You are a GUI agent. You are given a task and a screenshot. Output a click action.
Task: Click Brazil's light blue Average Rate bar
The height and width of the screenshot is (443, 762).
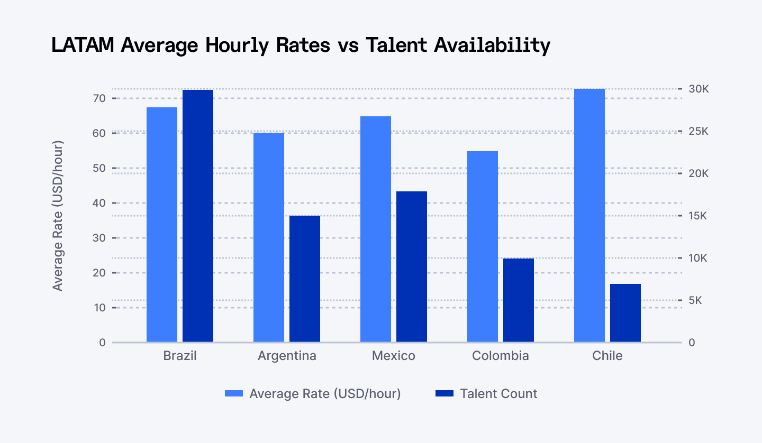[162, 225]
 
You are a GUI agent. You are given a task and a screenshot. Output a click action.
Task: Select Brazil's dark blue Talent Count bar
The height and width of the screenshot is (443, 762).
[198, 216]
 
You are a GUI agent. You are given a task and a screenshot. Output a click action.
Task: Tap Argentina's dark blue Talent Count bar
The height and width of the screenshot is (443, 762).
[305, 279]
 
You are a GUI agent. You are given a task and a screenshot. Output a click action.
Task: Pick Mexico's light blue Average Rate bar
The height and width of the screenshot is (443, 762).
[376, 229]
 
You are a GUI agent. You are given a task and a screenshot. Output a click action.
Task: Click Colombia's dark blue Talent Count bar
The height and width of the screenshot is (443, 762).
[519, 300]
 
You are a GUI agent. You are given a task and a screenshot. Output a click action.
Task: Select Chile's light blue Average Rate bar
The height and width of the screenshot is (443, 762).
[589, 216]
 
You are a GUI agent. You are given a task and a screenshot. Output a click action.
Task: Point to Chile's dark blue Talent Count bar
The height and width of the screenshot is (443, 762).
[625, 313]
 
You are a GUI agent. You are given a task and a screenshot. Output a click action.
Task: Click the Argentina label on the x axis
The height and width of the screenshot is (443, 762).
[287, 356]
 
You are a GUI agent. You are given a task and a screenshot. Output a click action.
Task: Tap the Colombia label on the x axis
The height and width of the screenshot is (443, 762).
[500, 356]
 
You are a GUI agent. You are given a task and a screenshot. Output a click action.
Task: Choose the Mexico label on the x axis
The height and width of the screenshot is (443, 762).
[394, 356]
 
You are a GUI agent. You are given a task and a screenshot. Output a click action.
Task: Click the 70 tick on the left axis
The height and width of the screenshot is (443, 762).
[100, 98]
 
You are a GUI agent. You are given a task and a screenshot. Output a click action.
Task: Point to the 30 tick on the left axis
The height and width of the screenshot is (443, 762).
[100, 238]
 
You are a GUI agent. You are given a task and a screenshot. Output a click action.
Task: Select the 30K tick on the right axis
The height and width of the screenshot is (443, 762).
[698, 89]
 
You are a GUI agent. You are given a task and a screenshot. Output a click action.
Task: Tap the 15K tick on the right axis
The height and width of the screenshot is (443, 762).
[698, 216]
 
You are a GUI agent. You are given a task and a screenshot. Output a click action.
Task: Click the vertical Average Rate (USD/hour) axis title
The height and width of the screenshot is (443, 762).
[58, 216]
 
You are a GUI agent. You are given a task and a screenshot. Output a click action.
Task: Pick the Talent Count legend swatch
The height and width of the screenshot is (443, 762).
[444, 394]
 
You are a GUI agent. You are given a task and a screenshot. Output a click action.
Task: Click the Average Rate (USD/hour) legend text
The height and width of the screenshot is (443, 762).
[325, 394]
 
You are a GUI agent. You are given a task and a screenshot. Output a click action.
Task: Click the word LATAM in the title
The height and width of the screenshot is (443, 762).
[83, 45]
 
